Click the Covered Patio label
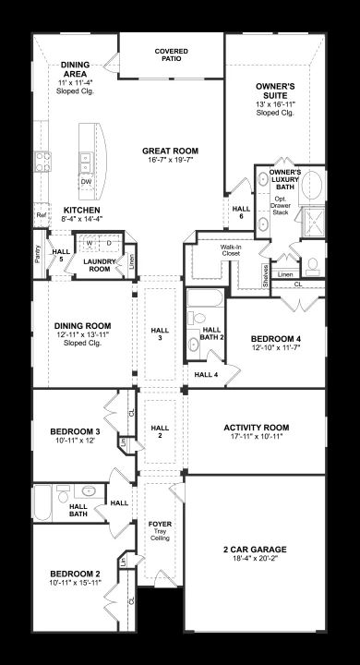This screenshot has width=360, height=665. (171, 54)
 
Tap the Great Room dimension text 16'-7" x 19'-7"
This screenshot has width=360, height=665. (170, 160)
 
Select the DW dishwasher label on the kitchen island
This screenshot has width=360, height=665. (86, 182)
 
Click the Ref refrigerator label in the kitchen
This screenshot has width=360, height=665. (42, 215)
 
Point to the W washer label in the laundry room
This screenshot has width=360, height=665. (90, 243)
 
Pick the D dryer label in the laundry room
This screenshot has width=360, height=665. (109, 243)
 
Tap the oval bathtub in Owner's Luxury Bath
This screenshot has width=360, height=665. (312, 185)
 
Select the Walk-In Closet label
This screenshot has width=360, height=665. (230, 250)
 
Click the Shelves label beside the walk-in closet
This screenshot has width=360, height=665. (266, 276)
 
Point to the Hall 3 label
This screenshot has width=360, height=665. (160, 334)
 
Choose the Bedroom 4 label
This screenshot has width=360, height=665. (276, 339)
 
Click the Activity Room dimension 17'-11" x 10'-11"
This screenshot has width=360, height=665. (256, 436)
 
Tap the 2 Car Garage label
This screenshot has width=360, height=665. (255, 550)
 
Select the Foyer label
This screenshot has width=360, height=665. (160, 525)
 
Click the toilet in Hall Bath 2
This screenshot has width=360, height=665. (196, 318)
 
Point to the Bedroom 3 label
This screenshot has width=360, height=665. (75, 431)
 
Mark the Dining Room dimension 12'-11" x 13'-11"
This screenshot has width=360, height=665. (83, 334)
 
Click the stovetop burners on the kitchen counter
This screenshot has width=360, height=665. (42, 162)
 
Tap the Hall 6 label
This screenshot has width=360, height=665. (241, 212)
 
